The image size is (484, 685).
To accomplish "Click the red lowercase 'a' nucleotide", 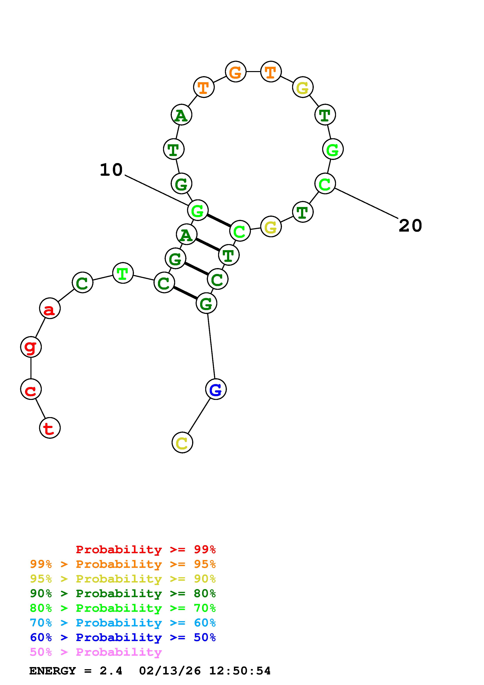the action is (x=50, y=308).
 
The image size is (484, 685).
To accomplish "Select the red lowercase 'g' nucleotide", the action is (x=31, y=347).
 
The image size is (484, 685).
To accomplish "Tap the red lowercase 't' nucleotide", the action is (x=50, y=428).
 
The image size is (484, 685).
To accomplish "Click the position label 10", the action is (x=111, y=170).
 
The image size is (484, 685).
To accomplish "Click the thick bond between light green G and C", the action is (x=219, y=220).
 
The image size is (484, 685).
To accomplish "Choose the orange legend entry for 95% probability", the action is (x=123, y=564).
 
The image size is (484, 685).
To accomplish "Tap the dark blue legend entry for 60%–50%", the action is (x=123, y=637).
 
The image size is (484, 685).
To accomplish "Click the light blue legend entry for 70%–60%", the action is (x=123, y=623).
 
